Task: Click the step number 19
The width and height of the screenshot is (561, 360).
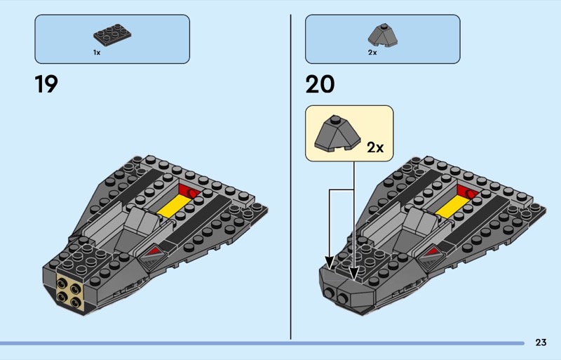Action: click(x=46, y=84)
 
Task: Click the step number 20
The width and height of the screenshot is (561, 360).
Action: click(x=320, y=84)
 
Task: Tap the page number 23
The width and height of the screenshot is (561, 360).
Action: click(x=541, y=342)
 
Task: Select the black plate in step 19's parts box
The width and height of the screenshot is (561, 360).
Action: click(x=112, y=35)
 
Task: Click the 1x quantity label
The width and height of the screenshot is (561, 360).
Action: click(x=97, y=53)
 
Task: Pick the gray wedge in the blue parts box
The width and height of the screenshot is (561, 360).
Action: click(x=382, y=36)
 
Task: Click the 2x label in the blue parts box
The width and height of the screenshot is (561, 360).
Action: click(x=372, y=53)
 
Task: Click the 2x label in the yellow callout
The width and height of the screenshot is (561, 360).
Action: click(x=375, y=147)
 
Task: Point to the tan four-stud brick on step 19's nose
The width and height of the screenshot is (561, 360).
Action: click(x=69, y=293)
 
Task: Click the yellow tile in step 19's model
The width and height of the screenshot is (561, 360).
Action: click(x=174, y=206)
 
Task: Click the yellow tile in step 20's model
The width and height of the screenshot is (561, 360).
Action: click(x=452, y=206)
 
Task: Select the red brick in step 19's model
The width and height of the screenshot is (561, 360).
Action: click(x=189, y=192)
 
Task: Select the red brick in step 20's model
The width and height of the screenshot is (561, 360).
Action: click(x=468, y=192)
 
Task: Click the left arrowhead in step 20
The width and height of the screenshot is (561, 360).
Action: click(x=330, y=262)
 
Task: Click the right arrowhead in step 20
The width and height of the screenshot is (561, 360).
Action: click(x=354, y=273)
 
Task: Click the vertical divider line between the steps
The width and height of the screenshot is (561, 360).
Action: click(x=290, y=177)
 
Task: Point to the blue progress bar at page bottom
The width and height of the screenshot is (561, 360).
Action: click(x=262, y=343)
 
